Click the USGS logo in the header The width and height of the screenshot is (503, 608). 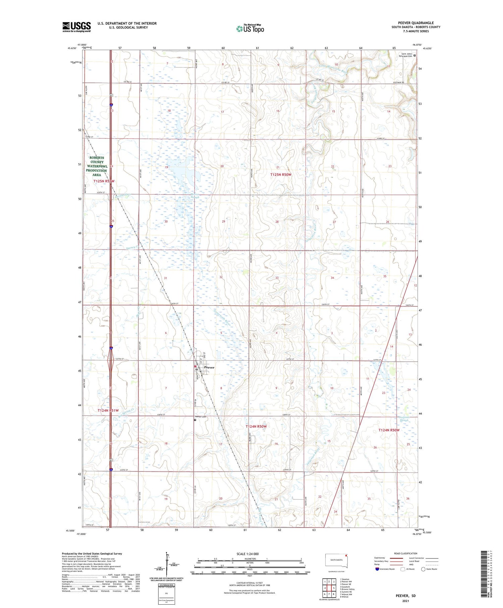click(x=76, y=27)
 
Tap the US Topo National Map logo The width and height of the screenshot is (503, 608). click(x=250, y=29)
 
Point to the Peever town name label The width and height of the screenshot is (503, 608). click(x=209, y=368)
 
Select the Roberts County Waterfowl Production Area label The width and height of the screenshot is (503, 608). click(x=96, y=166)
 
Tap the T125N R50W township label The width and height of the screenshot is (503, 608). click(x=281, y=174)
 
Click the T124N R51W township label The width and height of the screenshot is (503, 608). click(x=108, y=410)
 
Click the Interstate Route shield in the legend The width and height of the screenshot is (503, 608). click(x=377, y=569)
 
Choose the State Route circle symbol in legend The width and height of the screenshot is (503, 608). click(x=423, y=569)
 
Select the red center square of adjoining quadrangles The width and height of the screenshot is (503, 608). click(x=329, y=588)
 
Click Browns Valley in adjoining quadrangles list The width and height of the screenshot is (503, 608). click(x=347, y=589)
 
